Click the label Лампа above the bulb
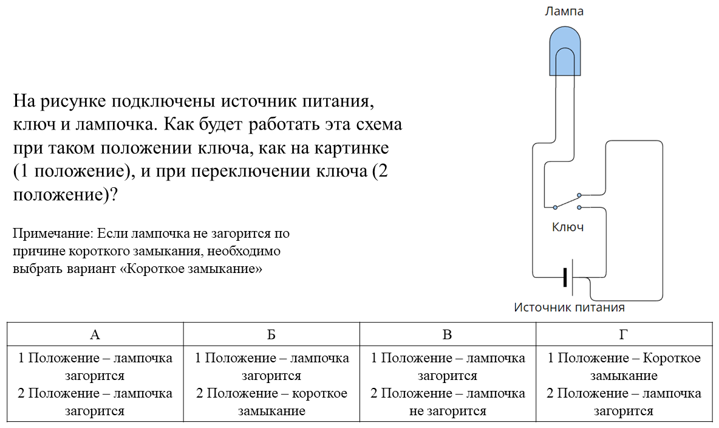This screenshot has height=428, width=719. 564,11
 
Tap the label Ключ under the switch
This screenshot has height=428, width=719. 568,227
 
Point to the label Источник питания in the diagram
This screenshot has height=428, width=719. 569,307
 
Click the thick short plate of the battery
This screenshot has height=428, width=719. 565,277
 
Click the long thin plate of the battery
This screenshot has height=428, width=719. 573,277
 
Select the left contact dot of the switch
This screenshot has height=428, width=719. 555,207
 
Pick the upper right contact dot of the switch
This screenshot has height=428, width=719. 579,195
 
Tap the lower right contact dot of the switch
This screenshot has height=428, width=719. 579,207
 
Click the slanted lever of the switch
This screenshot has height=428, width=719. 567,202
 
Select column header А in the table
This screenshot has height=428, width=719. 95,334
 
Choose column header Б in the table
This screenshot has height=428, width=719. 271,334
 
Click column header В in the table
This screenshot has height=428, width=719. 448,334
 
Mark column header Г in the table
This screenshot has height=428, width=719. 624,334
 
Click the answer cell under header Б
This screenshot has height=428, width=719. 271,384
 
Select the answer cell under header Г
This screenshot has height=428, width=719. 624,384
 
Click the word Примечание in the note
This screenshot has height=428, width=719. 53,233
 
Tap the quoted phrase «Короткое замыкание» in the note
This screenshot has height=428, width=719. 191,269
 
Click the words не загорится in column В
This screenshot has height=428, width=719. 448,412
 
